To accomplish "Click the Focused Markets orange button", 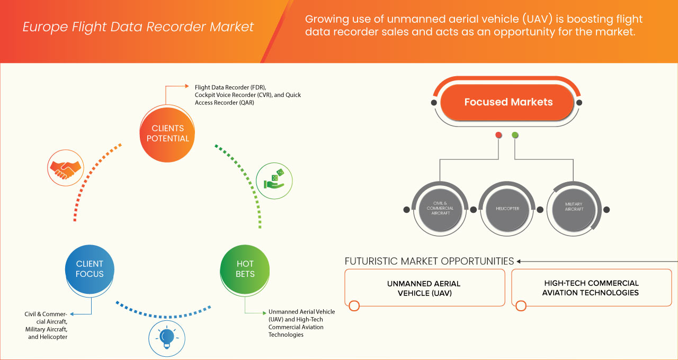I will [507, 102].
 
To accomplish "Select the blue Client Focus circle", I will [90, 269].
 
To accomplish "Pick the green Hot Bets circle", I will [245, 269].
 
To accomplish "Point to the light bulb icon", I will [167, 337].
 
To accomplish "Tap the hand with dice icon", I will [274, 179].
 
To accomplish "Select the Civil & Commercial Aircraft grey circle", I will [440, 209].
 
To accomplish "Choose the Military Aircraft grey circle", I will [574, 209].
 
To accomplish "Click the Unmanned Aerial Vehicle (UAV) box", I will [424, 287].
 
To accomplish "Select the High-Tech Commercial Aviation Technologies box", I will [591, 287].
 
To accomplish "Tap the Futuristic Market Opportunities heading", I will [429, 261].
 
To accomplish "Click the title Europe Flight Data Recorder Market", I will [138, 27].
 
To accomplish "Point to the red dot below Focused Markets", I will [498, 135].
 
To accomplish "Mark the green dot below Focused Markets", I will [515, 135].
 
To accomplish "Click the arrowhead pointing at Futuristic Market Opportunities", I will [519, 261].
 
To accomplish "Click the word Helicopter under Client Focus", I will [55, 337].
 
